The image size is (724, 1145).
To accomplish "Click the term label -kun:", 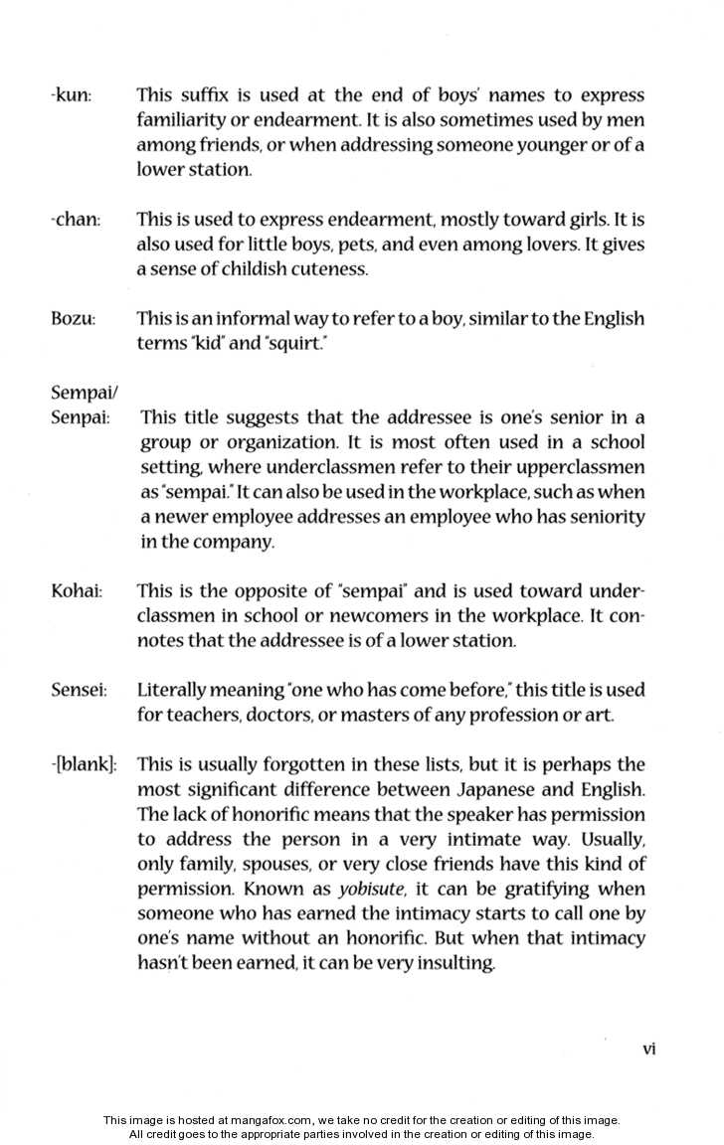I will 70,96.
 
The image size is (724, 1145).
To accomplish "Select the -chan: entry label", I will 75,220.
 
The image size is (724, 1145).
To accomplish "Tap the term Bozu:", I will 73,319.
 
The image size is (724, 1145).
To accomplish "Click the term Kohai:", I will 77,591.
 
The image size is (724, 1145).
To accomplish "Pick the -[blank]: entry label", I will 84,765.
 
